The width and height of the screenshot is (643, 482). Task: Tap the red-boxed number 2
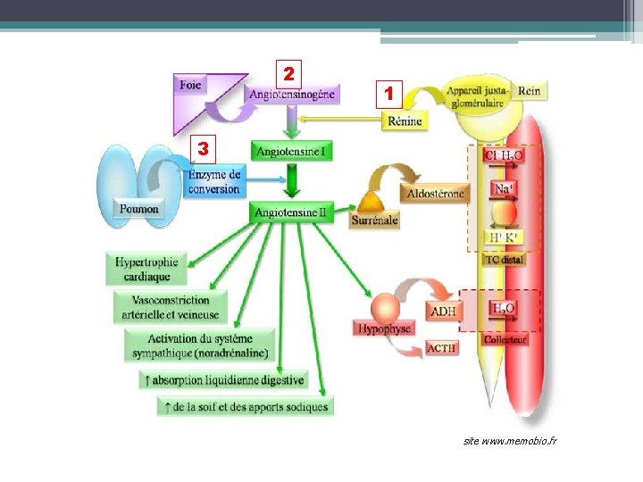tap(288, 71)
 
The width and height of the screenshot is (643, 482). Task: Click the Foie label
tap(190, 85)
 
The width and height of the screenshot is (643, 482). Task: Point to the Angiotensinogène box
tap(292, 94)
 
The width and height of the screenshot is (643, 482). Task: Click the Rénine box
tap(405, 120)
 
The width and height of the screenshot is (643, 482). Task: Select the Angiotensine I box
tap(292, 152)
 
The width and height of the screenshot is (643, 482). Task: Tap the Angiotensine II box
tap(292, 212)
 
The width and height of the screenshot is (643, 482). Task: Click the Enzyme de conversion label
tap(214, 181)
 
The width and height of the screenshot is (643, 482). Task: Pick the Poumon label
tap(139, 209)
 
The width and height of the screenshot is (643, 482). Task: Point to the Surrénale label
tap(375, 220)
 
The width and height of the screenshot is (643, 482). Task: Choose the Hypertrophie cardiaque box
tap(147, 269)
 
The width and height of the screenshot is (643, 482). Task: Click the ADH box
tap(443, 312)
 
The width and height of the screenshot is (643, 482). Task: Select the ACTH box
tap(442, 347)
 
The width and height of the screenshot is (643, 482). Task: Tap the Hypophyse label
tap(384, 328)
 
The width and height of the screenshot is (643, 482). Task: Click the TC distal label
tap(505, 260)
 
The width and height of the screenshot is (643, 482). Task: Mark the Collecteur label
tap(505, 339)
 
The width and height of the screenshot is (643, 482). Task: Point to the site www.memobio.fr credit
tap(510, 441)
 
